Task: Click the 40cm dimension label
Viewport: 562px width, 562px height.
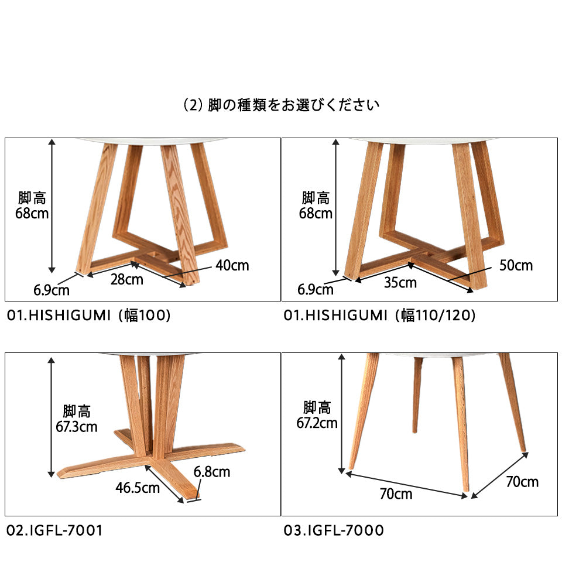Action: pyautogui.click(x=232, y=266)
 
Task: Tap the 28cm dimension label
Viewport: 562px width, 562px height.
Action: pyautogui.click(x=127, y=280)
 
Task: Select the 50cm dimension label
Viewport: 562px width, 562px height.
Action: pyautogui.click(x=516, y=266)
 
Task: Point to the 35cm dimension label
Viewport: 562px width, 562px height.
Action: pyautogui.click(x=400, y=283)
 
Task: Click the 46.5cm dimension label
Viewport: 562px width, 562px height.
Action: pyautogui.click(x=138, y=488)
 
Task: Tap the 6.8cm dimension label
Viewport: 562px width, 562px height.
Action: pyautogui.click(x=212, y=472)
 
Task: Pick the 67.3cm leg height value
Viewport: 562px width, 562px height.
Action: pyautogui.click(x=77, y=427)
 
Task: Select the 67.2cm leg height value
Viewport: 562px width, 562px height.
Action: pyautogui.click(x=317, y=423)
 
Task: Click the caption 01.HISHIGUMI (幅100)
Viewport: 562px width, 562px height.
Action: pyautogui.click(x=88, y=316)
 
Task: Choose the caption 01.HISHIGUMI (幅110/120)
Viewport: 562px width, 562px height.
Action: pyautogui.click(x=379, y=316)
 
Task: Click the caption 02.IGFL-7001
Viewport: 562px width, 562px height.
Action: pyautogui.click(x=55, y=530)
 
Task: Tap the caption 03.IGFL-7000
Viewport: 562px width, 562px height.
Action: pyautogui.click(x=334, y=530)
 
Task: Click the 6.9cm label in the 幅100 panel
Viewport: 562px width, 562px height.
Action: pyautogui.click(x=52, y=290)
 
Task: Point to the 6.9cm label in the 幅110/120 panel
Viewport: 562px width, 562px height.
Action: pyautogui.click(x=316, y=290)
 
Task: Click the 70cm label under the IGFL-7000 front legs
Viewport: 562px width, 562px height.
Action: pyautogui.click(x=396, y=494)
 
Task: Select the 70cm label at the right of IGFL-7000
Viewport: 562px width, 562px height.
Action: pyautogui.click(x=522, y=482)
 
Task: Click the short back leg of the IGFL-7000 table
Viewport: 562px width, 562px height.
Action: pyautogui.click(x=417, y=395)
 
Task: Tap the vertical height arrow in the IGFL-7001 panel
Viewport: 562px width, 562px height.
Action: pyautogui.click(x=52, y=417)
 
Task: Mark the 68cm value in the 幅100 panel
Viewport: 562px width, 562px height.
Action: pyautogui.click(x=32, y=214)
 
